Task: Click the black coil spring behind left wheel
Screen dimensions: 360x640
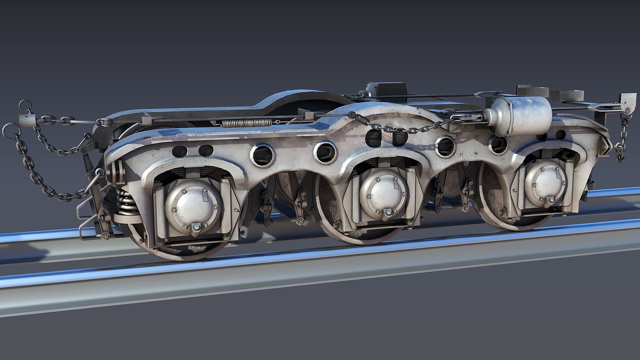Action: (127, 202)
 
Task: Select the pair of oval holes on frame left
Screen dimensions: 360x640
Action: (194, 150)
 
